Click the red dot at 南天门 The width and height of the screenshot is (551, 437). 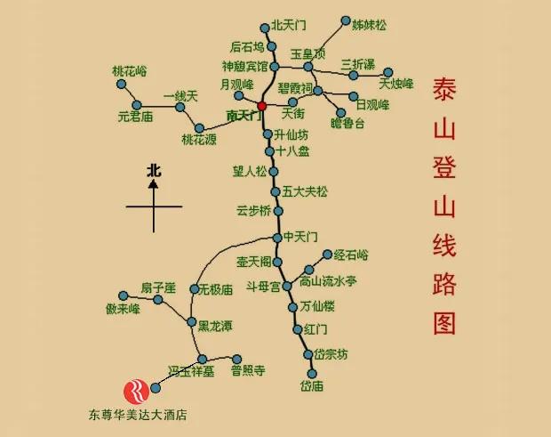262,106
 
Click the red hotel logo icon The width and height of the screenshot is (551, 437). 138,390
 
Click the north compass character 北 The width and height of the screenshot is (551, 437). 154,169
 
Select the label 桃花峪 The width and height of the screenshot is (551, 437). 129,70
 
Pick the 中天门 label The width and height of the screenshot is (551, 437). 300,237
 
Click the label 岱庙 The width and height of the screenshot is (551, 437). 312,385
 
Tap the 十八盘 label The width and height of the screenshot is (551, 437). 293,151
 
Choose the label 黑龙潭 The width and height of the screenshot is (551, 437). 215,327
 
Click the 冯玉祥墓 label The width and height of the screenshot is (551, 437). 192,370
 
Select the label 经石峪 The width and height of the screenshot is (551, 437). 350,255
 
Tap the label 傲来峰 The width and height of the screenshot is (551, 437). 123,309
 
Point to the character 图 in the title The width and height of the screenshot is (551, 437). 445,322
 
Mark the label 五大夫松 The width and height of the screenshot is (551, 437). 306,191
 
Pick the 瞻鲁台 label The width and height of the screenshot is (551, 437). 347,123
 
